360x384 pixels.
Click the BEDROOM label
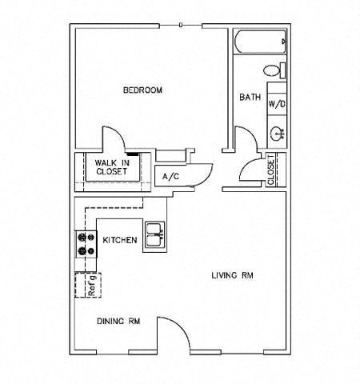pyautogui.click(x=142, y=90)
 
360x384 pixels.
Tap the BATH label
pyautogui.click(x=250, y=97)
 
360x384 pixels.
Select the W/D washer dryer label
pyautogui.click(x=277, y=104)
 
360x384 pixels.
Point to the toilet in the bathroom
pyautogui.click(x=274, y=70)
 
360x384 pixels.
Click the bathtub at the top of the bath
pyautogui.click(x=260, y=42)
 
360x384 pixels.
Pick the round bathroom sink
pyautogui.click(x=278, y=133)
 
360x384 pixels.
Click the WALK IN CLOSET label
pyautogui.click(x=112, y=167)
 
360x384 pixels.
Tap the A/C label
pyautogui.click(x=170, y=176)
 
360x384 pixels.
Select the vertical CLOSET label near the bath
pyautogui.click(x=270, y=170)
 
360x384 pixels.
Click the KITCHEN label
pyautogui.click(x=120, y=240)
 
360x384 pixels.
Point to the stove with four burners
pyautogui.click(x=86, y=244)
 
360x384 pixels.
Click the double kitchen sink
pyautogui.click(x=154, y=235)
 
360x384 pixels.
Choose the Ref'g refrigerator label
pyautogui.click(x=91, y=286)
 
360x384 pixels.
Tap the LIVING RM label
pyautogui.click(x=232, y=275)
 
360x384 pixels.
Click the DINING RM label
pyautogui.click(x=118, y=322)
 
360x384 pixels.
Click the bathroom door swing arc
pyautogui.click(x=250, y=134)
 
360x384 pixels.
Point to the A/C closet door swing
pyautogui.click(x=206, y=179)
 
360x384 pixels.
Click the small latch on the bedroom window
pyautogui.click(x=181, y=25)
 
